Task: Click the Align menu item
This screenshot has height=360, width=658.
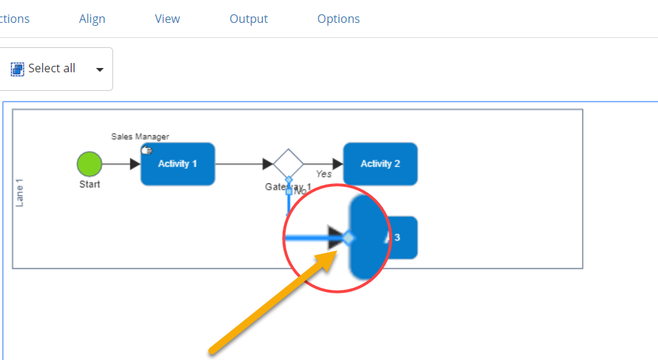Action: (x=92, y=19)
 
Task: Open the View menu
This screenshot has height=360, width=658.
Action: (x=168, y=19)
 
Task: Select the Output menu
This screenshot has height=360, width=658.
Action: (x=248, y=19)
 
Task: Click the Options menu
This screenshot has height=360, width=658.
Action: (x=339, y=19)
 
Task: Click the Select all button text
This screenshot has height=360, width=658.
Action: (x=52, y=69)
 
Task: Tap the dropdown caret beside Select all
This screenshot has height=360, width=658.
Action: (x=100, y=69)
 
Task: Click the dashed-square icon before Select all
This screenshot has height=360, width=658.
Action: (x=17, y=69)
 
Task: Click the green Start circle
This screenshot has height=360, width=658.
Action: (x=89, y=164)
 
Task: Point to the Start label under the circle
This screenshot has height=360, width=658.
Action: (x=89, y=184)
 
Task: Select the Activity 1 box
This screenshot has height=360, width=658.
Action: (x=178, y=164)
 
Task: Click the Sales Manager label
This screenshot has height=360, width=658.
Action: (x=140, y=137)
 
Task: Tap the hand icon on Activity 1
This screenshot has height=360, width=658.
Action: (x=147, y=150)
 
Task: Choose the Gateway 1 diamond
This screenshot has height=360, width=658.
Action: (x=289, y=164)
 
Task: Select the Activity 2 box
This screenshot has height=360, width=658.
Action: (x=380, y=164)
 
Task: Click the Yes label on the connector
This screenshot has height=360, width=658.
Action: (x=324, y=174)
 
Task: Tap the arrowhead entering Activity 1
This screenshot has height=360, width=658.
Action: (x=135, y=164)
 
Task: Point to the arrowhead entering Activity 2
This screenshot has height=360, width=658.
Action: (x=337, y=164)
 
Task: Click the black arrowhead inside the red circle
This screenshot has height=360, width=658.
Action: (x=335, y=238)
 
